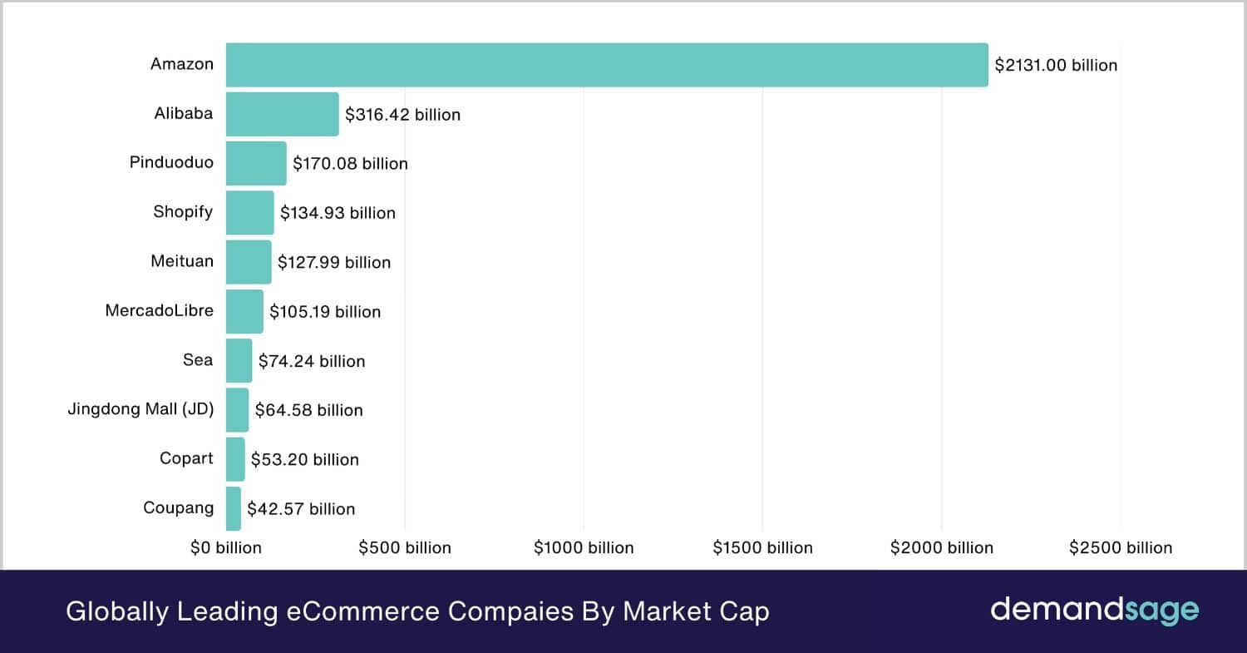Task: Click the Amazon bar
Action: pyautogui.click(x=607, y=65)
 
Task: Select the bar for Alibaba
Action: pyautogui.click(x=282, y=114)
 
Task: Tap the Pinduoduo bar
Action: pyautogui.click(x=256, y=163)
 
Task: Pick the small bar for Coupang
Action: pyautogui.click(x=234, y=508)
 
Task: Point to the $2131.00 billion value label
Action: pyautogui.click(x=1056, y=65)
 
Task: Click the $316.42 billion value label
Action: pyautogui.click(x=402, y=114)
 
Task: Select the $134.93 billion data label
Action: pyautogui.click(x=338, y=213)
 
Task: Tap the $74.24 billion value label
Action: pyautogui.click(x=312, y=361)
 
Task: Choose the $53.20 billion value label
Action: pyautogui.click(x=305, y=459)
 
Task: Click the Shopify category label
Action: pyautogui.click(x=183, y=212)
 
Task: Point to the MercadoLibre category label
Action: pyautogui.click(x=159, y=310)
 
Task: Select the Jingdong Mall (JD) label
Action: pyautogui.click(x=140, y=409)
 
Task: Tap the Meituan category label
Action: pyautogui.click(x=182, y=261)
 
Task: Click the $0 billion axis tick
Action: pyautogui.click(x=226, y=547)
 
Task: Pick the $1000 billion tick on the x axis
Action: pyautogui.click(x=584, y=547)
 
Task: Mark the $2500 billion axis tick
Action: pyautogui.click(x=1120, y=547)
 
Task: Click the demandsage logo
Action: pyautogui.click(x=1094, y=611)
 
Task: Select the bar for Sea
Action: pyautogui.click(x=239, y=360)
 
